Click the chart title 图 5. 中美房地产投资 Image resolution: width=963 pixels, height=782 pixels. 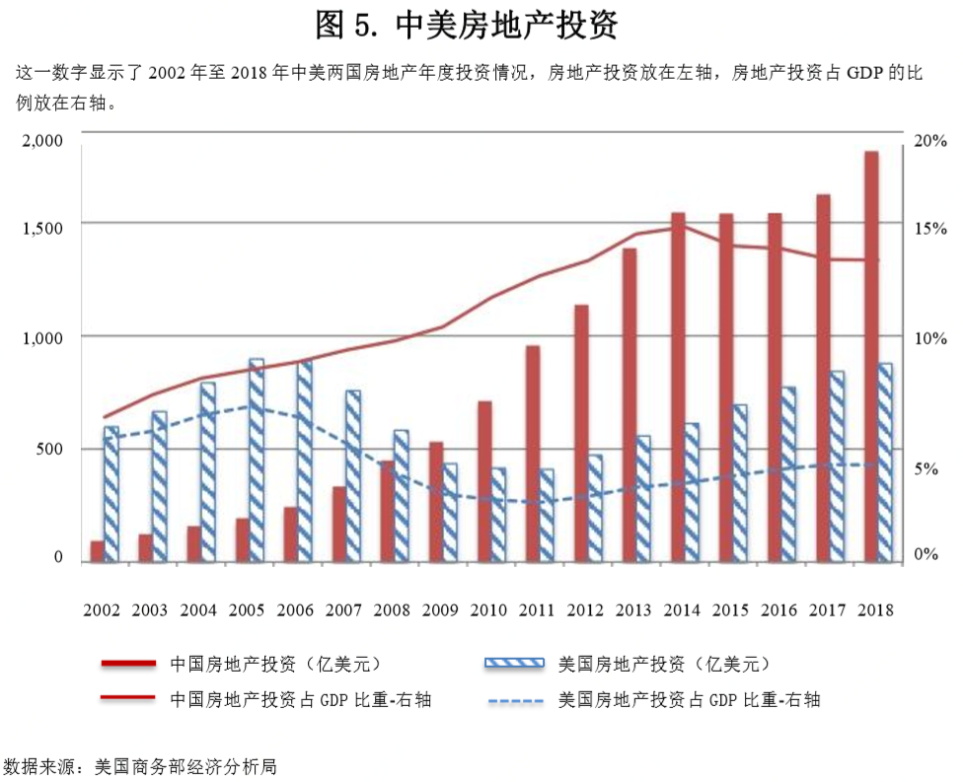point(467,25)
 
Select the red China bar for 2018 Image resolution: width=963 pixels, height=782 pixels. point(871,356)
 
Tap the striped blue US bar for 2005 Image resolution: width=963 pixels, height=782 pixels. point(257,461)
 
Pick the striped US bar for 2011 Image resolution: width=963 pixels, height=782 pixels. point(547,515)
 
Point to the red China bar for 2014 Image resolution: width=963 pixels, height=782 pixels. point(679,387)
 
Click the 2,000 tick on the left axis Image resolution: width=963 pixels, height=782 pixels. point(42,141)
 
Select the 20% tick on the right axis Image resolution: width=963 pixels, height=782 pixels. point(929,141)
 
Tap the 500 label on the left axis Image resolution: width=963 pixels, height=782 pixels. point(50,449)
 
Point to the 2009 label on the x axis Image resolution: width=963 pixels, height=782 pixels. point(439,610)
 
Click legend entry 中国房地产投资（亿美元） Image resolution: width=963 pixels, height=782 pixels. point(274,663)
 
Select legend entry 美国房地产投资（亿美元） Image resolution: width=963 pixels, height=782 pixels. point(663,663)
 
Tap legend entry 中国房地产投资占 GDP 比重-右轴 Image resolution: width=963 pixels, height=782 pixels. point(300,700)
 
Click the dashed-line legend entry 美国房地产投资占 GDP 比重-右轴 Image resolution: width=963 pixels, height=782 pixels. point(689,700)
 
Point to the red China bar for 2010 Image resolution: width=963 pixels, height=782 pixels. point(484,482)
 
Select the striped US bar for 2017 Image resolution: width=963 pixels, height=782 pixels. point(836,466)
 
